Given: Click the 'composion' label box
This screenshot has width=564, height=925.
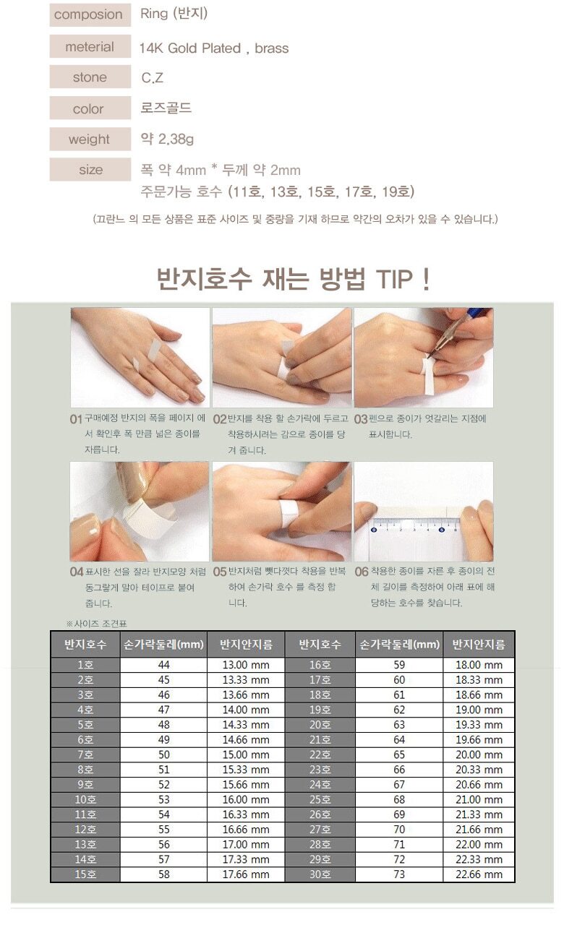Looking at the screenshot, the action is (x=90, y=15).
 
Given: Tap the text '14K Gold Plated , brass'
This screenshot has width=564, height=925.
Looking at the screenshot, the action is (x=214, y=48).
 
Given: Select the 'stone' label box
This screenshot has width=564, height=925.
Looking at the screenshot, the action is (x=90, y=77).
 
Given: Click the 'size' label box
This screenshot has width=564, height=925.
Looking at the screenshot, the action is (x=90, y=169).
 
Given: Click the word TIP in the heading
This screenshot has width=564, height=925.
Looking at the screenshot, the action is (x=394, y=279).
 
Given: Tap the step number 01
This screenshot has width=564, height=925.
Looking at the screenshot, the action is (x=76, y=420).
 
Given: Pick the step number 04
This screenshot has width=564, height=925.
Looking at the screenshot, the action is (x=77, y=572).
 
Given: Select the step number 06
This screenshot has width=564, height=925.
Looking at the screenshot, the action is (x=361, y=572).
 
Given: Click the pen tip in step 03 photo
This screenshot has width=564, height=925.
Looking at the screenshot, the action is (x=430, y=356).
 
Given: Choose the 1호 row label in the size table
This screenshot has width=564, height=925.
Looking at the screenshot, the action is (x=85, y=665).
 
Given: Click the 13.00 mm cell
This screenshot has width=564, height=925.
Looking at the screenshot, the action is (x=246, y=665).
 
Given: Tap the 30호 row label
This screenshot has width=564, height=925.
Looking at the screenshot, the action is (x=320, y=874).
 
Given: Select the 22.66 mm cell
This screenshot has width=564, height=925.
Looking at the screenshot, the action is (x=479, y=874).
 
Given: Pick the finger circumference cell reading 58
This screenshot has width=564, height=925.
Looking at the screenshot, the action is (x=163, y=874).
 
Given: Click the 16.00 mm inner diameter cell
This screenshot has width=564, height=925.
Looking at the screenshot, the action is (x=246, y=799).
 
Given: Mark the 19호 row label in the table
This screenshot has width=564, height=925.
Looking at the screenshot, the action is (x=320, y=710).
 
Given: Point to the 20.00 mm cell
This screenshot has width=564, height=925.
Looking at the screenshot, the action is (x=479, y=754).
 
